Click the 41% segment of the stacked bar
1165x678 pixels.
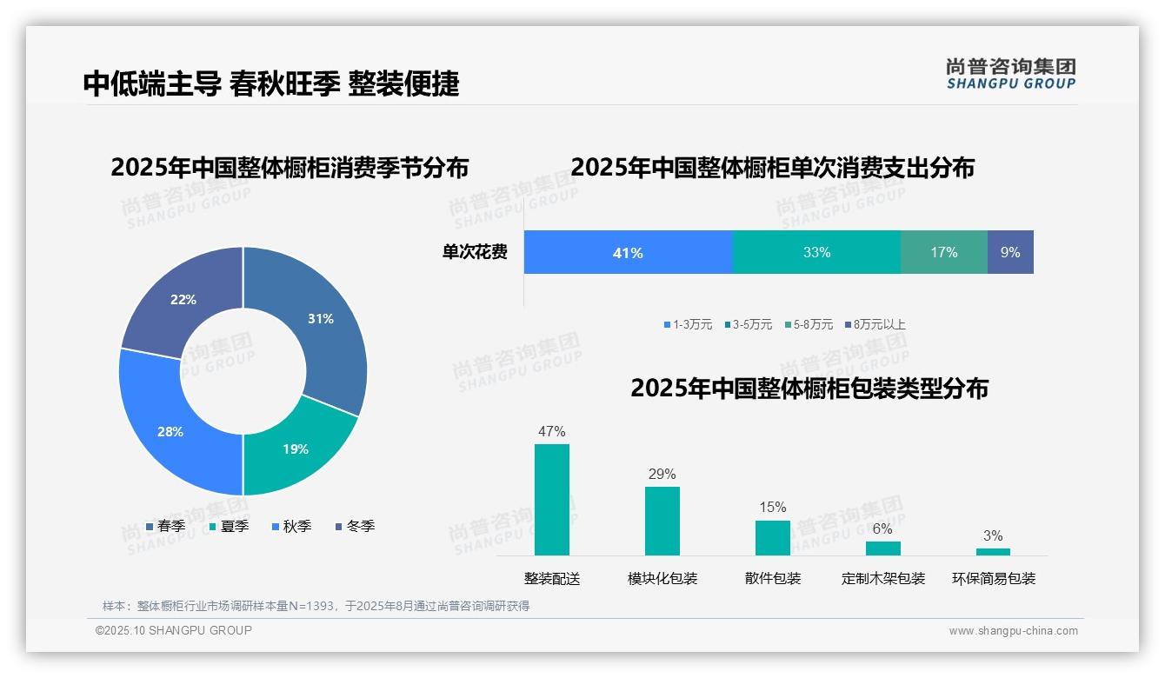(x=628, y=253)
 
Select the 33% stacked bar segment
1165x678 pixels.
(x=816, y=253)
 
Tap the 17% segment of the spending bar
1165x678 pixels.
(x=943, y=253)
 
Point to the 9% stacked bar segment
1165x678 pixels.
(x=1010, y=253)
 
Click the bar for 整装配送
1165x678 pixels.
(x=552, y=500)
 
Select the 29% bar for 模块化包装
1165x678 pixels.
(x=662, y=521)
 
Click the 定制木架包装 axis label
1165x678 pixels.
(x=883, y=579)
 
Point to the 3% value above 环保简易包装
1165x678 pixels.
(x=993, y=535)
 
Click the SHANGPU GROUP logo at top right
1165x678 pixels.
(x=1011, y=74)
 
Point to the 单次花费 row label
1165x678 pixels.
(x=475, y=253)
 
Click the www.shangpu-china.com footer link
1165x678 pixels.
(x=1013, y=631)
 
